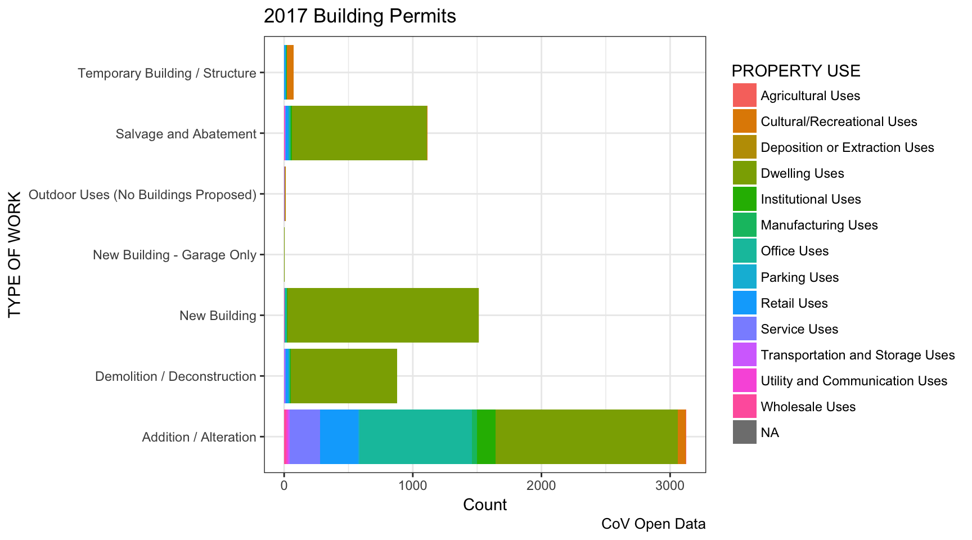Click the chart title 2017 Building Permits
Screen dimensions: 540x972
click(x=359, y=16)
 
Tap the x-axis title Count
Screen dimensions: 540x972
click(x=484, y=505)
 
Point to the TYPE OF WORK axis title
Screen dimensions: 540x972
click(x=15, y=254)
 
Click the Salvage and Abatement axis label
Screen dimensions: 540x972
click(x=186, y=134)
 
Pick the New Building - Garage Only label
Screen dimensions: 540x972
click(x=174, y=255)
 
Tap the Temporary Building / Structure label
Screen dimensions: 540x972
click(x=166, y=73)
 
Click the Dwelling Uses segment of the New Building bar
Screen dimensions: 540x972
click(x=382, y=315)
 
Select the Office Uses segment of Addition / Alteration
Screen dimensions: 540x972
click(x=415, y=436)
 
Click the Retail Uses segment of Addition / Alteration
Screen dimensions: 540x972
click(x=339, y=436)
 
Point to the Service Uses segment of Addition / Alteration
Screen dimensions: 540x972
click(x=304, y=436)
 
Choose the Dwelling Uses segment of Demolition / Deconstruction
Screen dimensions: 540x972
click(x=343, y=376)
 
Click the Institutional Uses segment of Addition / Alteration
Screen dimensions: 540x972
click(x=486, y=436)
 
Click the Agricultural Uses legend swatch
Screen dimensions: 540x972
click(x=744, y=95)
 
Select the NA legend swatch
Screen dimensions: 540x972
click(x=744, y=432)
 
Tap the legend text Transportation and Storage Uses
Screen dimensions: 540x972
click(x=857, y=355)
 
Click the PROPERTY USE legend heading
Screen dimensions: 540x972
click(x=795, y=71)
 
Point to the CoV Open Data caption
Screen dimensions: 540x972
click(x=653, y=524)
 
